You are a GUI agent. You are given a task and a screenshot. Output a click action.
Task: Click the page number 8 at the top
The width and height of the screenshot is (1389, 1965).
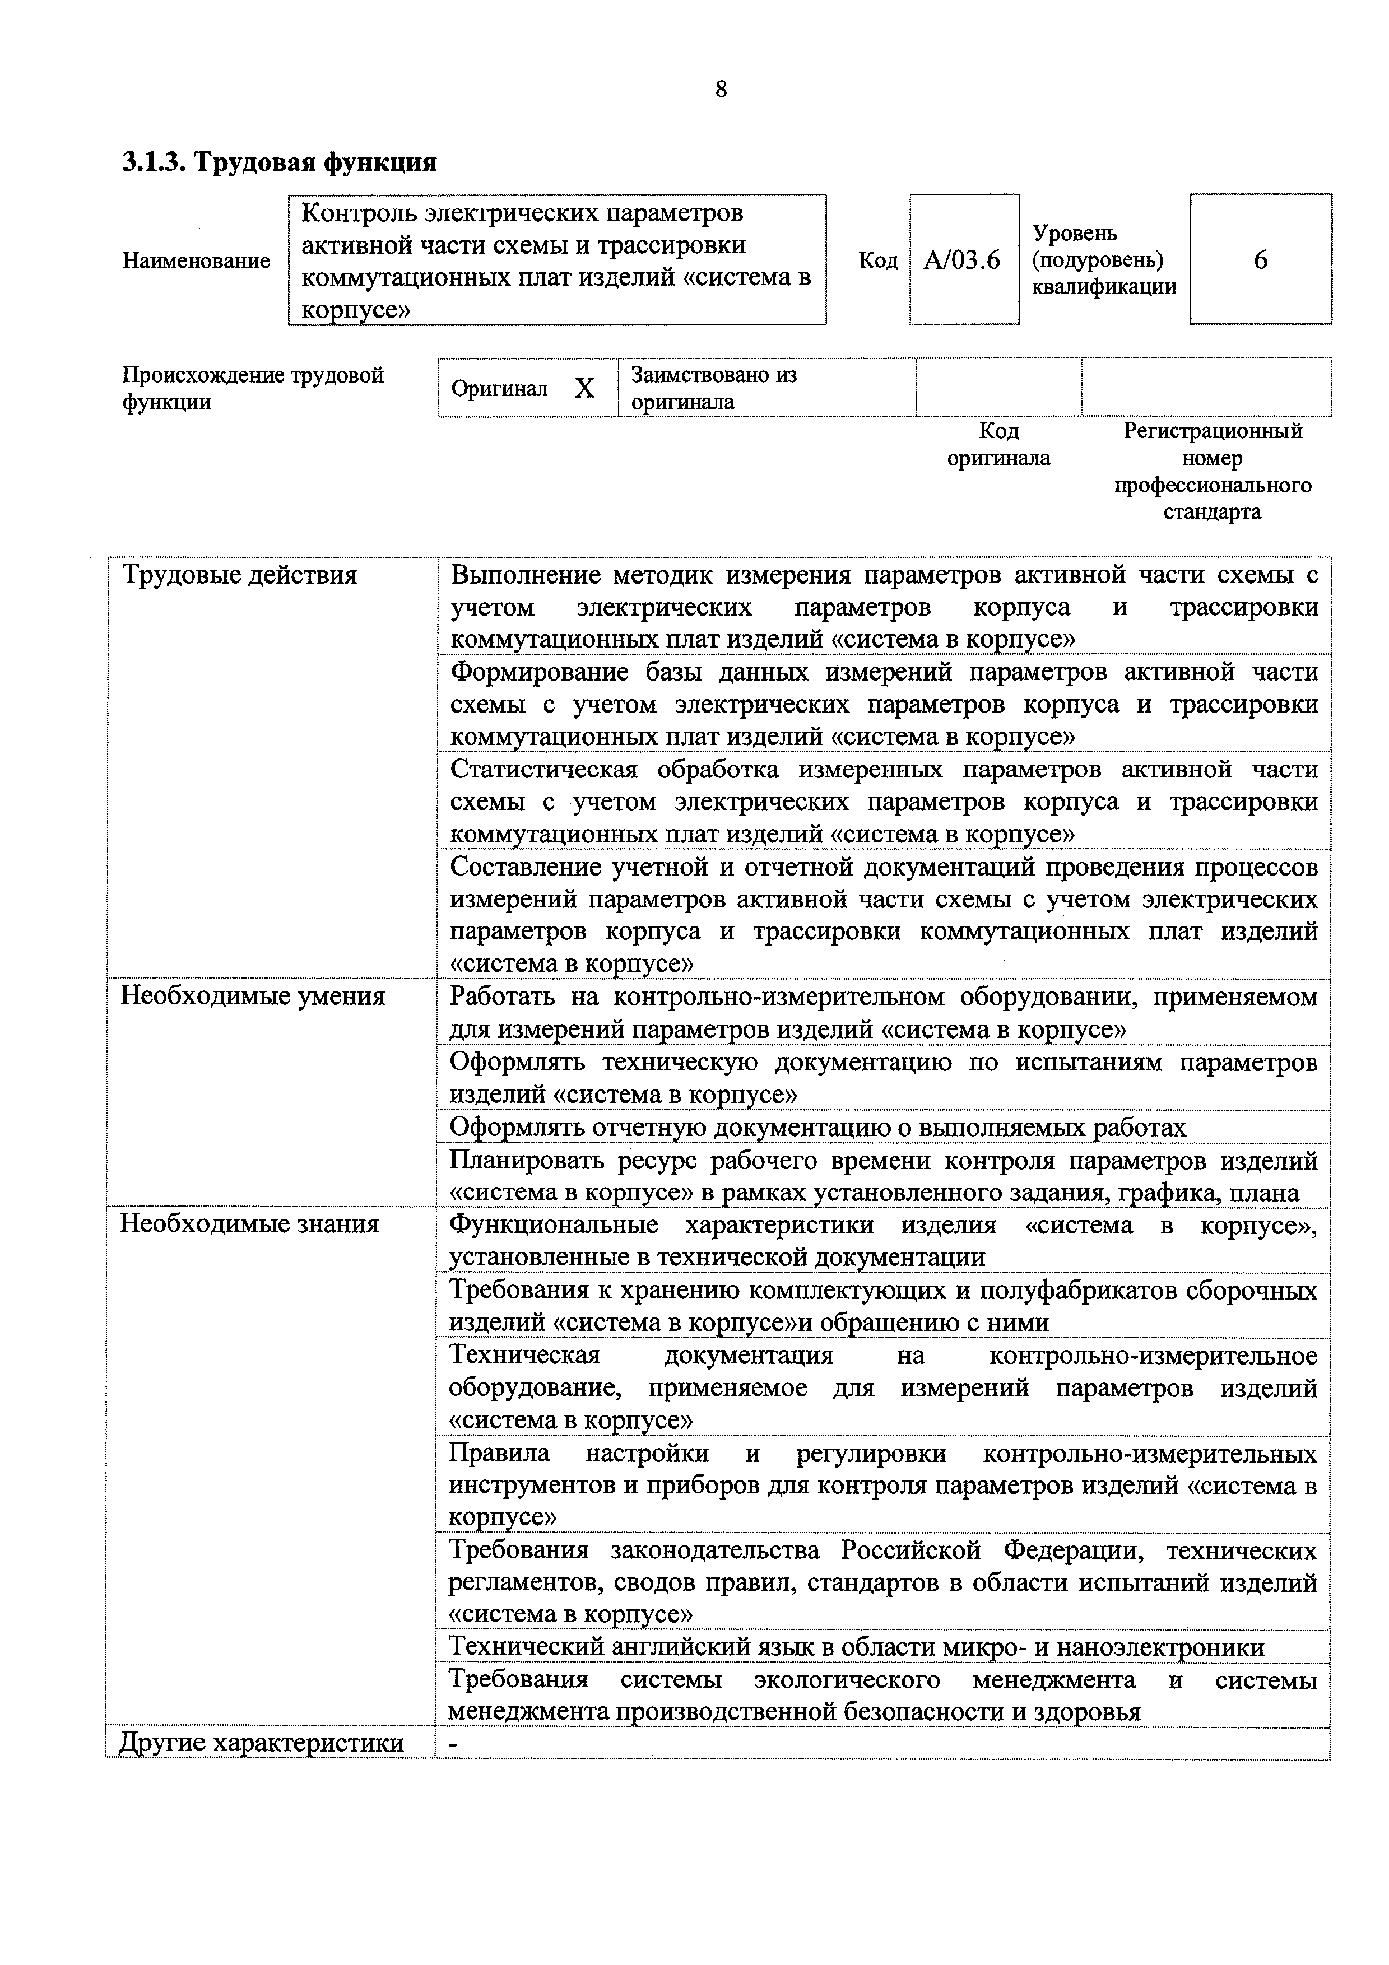pos(721,89)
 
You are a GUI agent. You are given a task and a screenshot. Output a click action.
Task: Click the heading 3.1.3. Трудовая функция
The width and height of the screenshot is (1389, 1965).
pos(279,162)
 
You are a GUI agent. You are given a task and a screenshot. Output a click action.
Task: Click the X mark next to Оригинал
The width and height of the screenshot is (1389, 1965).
pos(584,389)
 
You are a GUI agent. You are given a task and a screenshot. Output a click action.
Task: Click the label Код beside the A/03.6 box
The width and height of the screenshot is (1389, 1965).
pos(877,260)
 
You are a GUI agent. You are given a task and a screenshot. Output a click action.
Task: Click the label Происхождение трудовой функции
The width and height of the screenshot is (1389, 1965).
pos(253,389)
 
